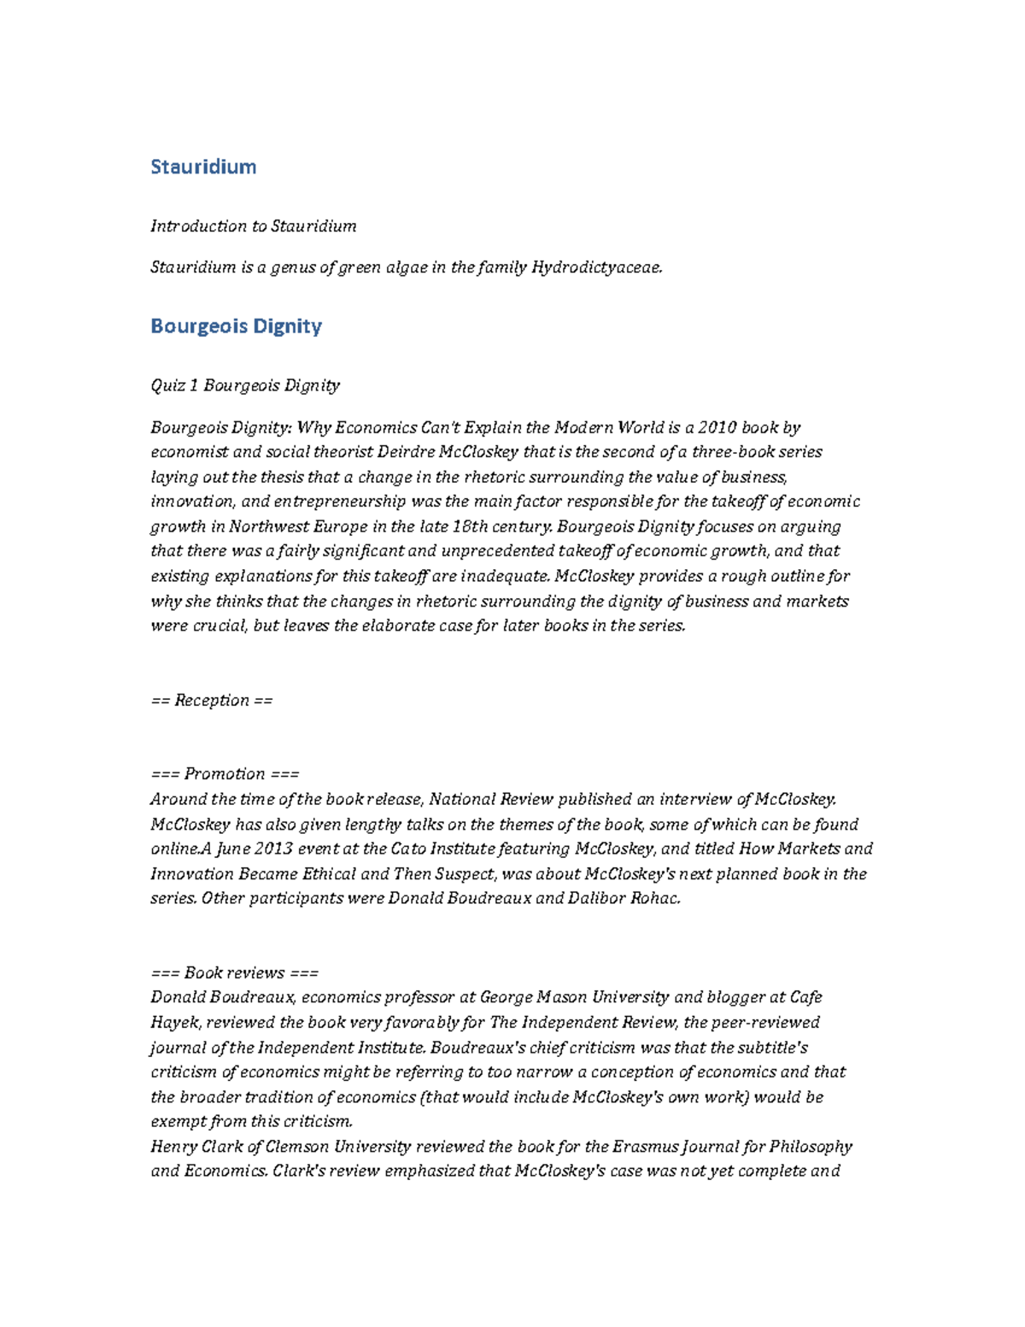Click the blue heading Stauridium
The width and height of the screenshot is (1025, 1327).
203,167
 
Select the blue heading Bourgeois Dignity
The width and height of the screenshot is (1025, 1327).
236,326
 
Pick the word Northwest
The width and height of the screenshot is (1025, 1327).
266,526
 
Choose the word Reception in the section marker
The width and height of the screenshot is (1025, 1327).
211,701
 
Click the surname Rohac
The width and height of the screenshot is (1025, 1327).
655,899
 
